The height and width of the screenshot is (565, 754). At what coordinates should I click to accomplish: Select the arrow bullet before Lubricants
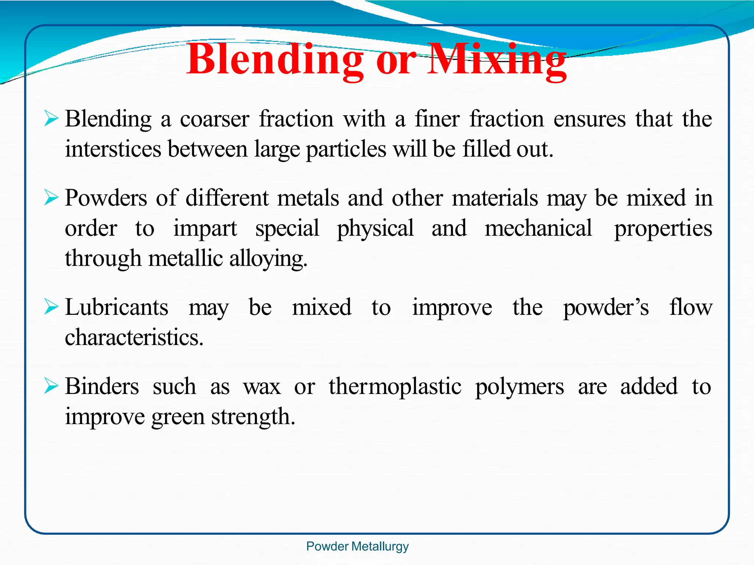pos(51,307)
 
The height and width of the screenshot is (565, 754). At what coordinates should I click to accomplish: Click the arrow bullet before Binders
pos(51,386)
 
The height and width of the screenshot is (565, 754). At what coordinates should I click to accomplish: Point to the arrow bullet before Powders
pos(51,198)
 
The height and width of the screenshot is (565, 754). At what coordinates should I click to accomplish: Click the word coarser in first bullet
pos(215,120)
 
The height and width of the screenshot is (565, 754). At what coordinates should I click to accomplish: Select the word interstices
pos(113,149)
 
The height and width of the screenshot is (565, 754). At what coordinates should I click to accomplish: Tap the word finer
pos(437,120)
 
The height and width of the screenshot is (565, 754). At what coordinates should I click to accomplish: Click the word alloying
pos(268,259)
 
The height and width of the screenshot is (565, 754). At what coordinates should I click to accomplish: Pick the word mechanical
pos(538,228)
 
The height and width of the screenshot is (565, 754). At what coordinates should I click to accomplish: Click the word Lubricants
pos(117,308)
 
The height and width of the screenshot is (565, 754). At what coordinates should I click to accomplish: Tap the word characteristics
pos(134,338)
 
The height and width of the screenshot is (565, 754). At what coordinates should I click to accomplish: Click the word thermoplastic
pos(395,387)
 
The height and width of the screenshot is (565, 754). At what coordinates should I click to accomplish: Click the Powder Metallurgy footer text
pos(357,547)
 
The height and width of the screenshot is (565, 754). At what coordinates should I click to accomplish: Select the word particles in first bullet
pos(346,150)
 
